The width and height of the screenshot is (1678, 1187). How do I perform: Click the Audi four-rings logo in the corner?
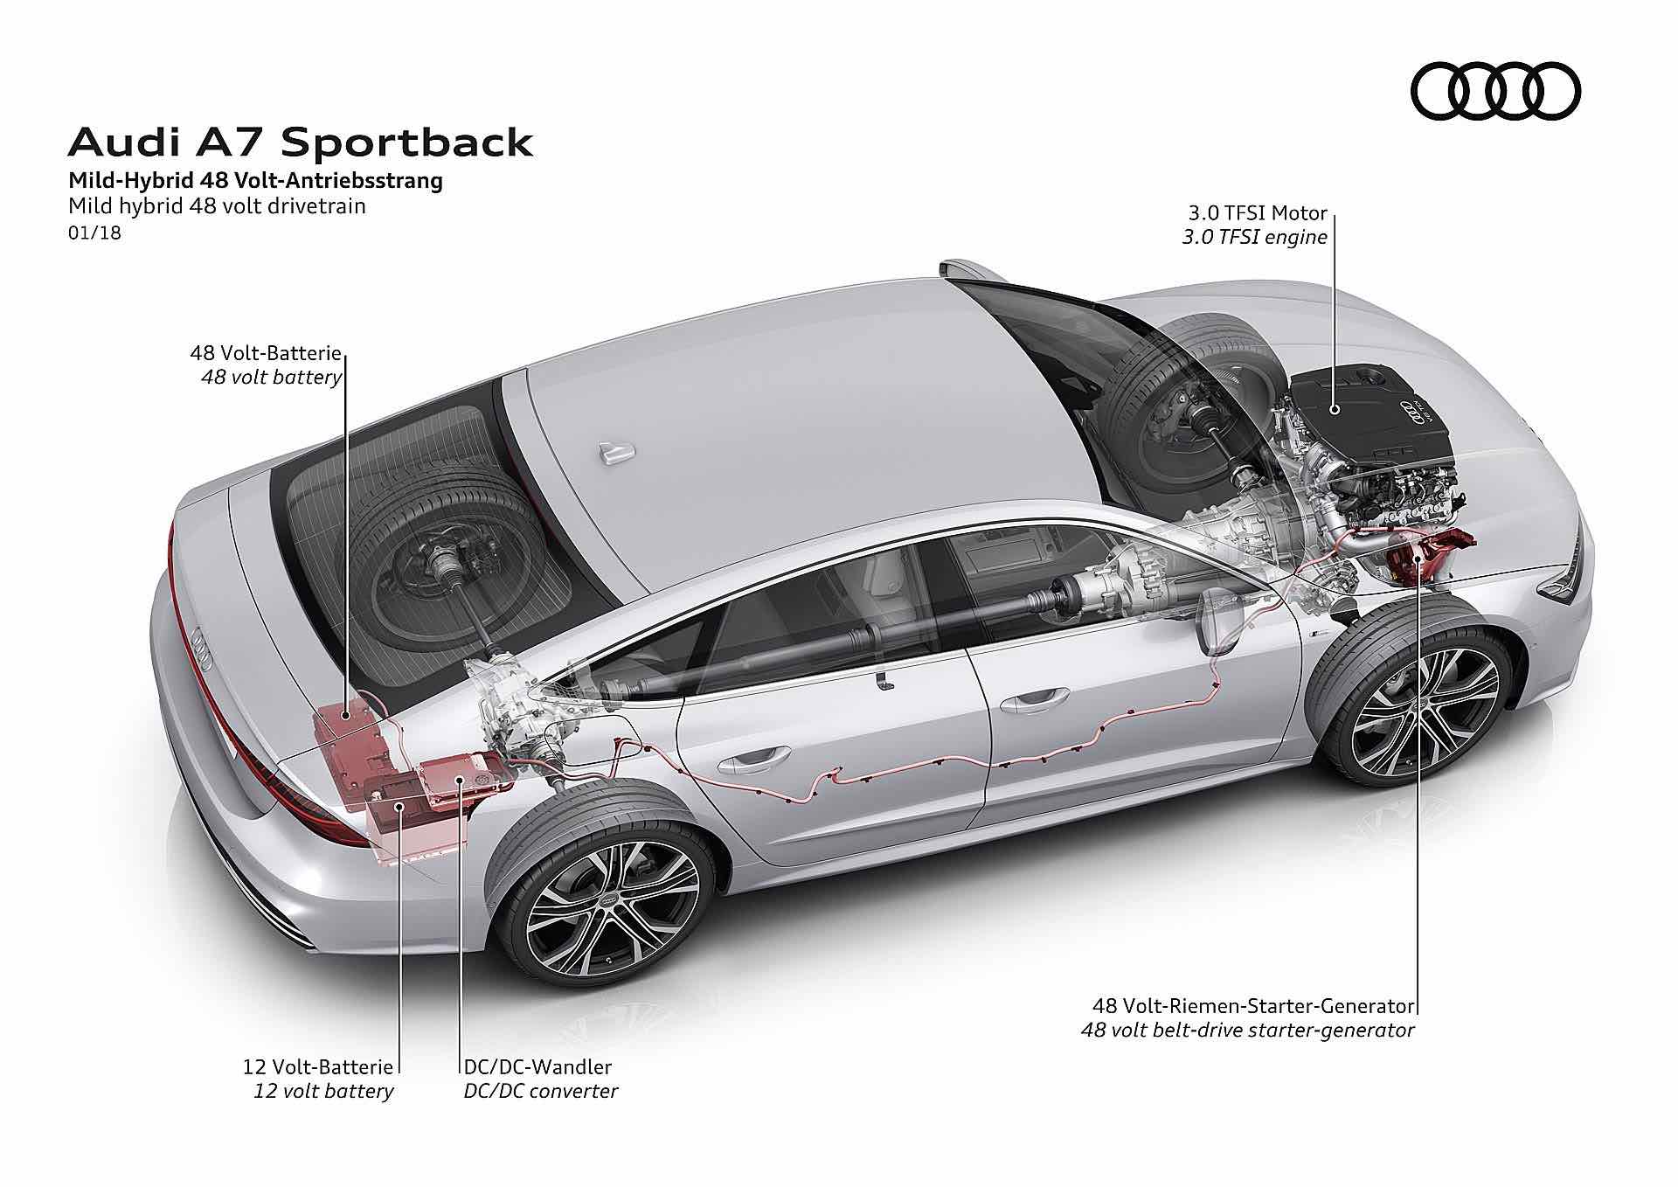(1495, 91)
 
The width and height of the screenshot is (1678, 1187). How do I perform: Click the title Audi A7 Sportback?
(300, 142)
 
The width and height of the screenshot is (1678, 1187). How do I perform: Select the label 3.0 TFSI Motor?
(1257, 213)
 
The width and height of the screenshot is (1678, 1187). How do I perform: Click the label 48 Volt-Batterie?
(265, 354)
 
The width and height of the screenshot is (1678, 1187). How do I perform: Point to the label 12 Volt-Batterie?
(317, 1066)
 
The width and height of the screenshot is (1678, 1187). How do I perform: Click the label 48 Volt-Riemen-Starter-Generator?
(1253, 1005)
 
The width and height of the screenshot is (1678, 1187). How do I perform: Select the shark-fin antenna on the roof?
(615, 452)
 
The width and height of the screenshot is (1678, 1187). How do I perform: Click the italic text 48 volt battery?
(271, 378)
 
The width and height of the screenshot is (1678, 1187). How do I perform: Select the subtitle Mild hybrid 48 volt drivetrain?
(217, 207)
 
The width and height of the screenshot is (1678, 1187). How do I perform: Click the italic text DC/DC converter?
(541, 1091)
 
